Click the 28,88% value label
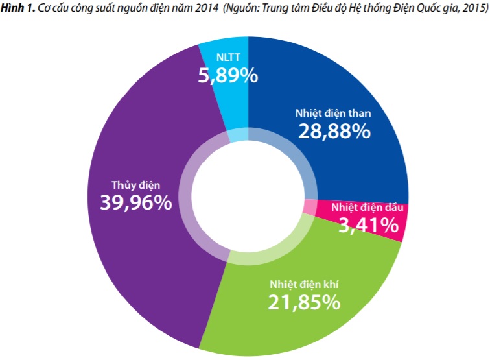334,131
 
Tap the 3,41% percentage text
369,225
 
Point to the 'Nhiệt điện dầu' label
367,208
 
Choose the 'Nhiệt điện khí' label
305,283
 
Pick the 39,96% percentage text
136,202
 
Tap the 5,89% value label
228,75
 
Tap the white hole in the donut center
248,198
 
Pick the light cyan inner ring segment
239,136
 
